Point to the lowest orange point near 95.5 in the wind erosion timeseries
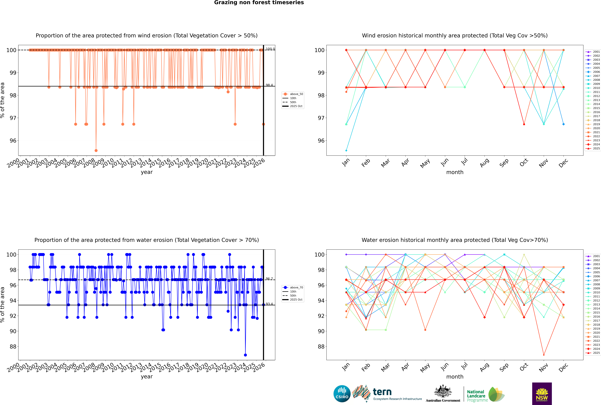point(96,150)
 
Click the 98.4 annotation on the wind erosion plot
point(269,85)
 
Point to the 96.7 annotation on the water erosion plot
point(269,279)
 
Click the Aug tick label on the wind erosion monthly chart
point(484,163)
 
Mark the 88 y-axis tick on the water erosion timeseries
point(13,347)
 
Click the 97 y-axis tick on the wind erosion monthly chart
point(321,118)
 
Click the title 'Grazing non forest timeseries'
point(259,3)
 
